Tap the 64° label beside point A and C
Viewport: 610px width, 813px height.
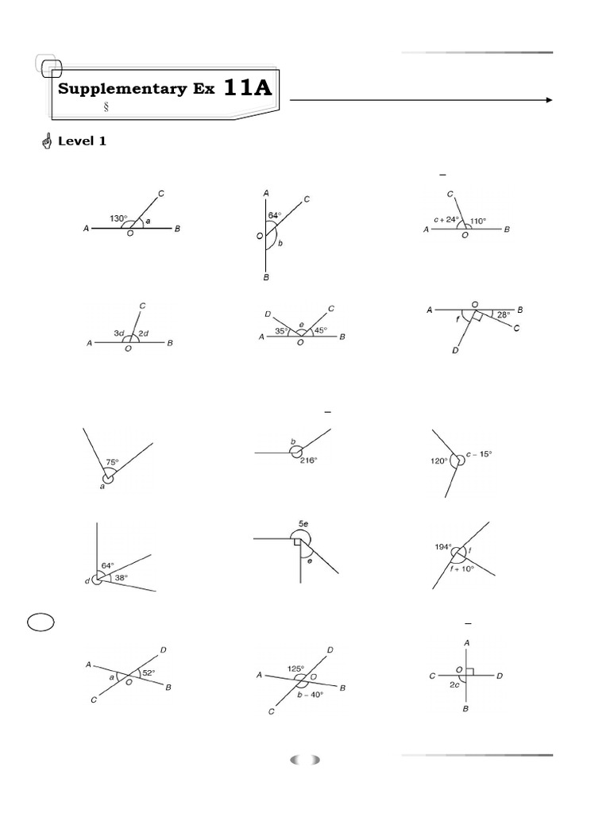[275, 214]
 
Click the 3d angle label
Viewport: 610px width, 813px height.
[118, 333]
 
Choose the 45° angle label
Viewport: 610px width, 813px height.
[319, 330]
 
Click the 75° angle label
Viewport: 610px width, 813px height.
[113, 462]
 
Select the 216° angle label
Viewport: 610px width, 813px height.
[308, 460]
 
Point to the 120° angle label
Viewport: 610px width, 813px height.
[438, 460]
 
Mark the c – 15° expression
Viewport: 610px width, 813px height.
[478, 454]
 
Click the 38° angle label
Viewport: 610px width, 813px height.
[119, 577]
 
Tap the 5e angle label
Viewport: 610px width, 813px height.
[303, 524]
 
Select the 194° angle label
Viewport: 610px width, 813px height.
[443, 546]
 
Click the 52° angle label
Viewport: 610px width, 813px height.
[148, 672]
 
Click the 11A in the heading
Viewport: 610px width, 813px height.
[248, 87]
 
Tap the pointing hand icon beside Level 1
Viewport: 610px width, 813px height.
[45, 142]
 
